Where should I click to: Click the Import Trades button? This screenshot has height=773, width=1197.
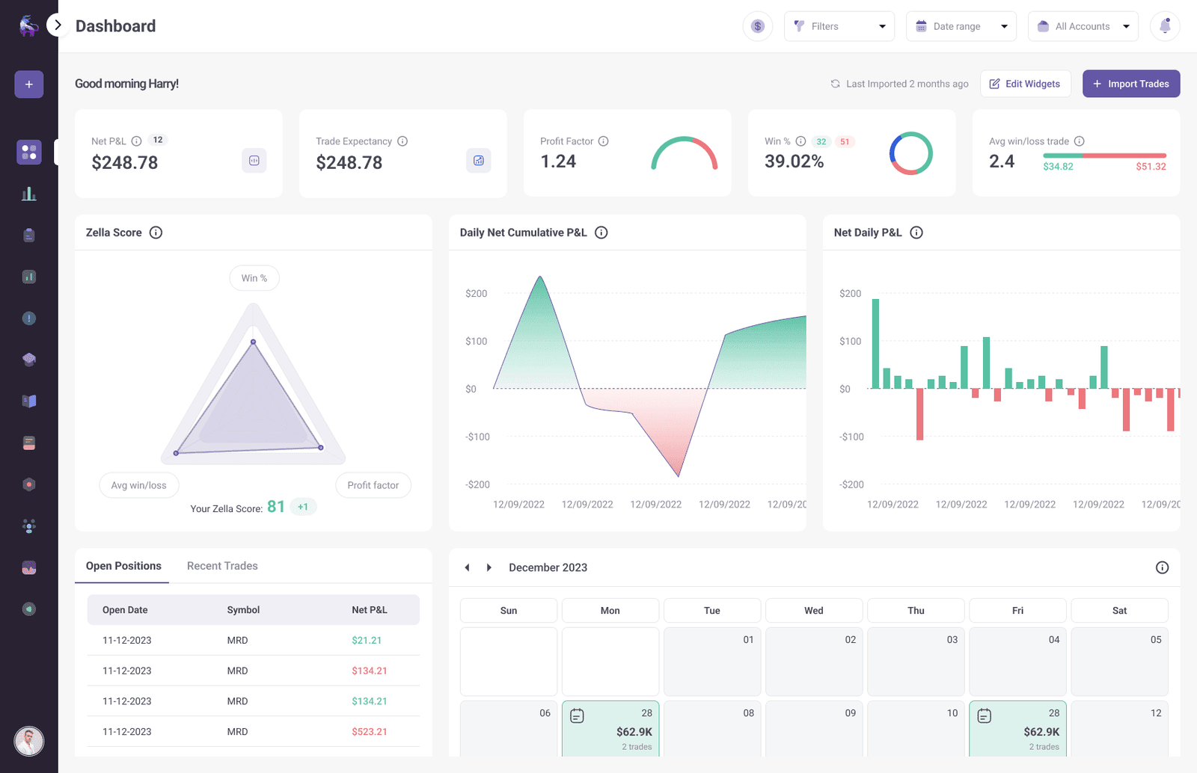pyautogui.click(x=1130, y=84)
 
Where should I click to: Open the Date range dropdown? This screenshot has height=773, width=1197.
pyautogui.click(x=961, y=26)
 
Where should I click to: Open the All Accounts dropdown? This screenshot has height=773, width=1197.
pyautogui.click(x=1083, y=26)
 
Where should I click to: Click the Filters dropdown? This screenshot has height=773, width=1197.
pyautogui.click(x=839, y=26)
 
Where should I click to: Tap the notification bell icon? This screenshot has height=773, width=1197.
pyautogui.click(x=1165, y=26)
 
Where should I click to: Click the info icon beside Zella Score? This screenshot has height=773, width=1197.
pyautogui.click(x=156, y=232)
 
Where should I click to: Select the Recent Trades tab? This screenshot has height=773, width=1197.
pyautogui.click(x=222, y=566)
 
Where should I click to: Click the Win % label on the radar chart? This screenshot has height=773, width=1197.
pyautogui.click(x=254, y=278)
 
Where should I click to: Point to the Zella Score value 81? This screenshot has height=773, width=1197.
pyautogui.click(x=276, y=507)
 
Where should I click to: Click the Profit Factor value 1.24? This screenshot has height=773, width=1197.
pyautogui.click(x=558, y=161)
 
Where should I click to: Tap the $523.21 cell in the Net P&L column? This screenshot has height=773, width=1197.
pyautogui.click(x=370, y=732)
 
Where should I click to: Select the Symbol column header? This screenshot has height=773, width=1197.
pyautogui.click(x=243, y=610)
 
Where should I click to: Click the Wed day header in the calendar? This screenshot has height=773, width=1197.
pyautogui.click(x=813, y=611)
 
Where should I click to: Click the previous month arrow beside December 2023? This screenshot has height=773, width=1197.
pyautogui.click(x=468, y=567)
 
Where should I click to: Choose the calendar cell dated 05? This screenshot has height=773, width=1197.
pyautogui.click(x=1119, y=661)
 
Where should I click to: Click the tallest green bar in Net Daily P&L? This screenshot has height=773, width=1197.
pyautogui.click(x=875, y=344)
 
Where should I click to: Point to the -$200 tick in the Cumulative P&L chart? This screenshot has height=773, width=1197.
pyautogui.click(x=477, y=484)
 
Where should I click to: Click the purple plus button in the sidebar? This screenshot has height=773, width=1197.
pyautogui.click(x=29, y=84)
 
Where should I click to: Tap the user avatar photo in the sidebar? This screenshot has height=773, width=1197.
pyautogui.click(x=29, y=741)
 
